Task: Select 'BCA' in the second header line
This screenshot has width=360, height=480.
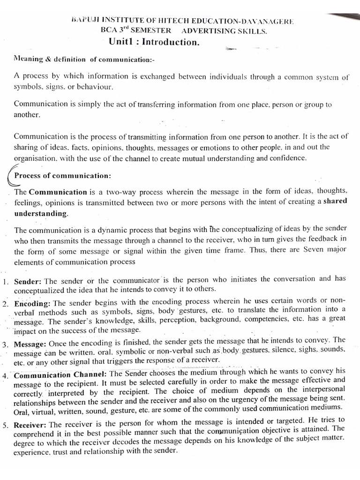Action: tap(112, 31)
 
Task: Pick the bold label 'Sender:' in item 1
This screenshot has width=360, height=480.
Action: tap(28, 282)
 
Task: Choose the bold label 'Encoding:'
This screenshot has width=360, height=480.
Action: tap(34, 303)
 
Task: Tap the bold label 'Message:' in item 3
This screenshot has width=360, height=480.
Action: tap(31, 345)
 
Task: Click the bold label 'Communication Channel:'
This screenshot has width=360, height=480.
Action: tap(61, 375)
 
